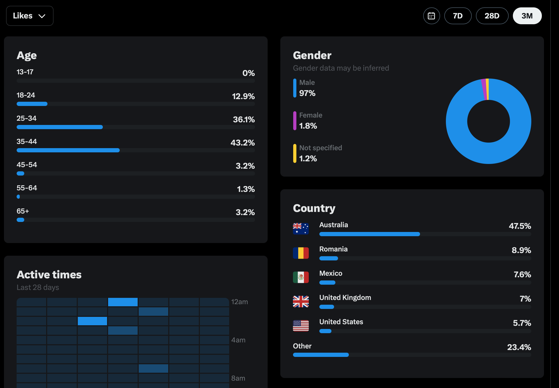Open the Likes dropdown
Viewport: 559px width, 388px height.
[30, 16]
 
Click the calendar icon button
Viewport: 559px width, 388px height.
[431, 16]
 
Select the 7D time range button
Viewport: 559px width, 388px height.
[458, 16]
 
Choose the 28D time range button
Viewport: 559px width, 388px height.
[492, 16]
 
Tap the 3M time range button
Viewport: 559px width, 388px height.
[527, 16]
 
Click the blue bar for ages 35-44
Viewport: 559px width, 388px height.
[68, 150]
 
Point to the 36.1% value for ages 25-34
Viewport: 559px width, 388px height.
[244, 119]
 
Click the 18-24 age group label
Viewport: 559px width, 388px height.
[26, 95]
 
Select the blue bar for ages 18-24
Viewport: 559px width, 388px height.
[32, 104]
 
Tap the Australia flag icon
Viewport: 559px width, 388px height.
[301, 229]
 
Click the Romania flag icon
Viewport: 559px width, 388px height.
[301, 253]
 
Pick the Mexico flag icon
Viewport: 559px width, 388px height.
[301, 277]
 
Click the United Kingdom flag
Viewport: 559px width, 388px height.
[301, 301]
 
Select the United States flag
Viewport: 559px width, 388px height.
[301, 326]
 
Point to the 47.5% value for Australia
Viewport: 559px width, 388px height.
[520, 226]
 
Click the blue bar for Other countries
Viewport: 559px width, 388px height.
[321, 355]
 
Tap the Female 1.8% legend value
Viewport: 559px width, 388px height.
[308, 126]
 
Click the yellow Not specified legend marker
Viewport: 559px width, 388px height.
[295, 153]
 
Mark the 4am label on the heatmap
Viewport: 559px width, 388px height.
[238, 340]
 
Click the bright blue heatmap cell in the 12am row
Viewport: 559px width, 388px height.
[123, 302]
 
